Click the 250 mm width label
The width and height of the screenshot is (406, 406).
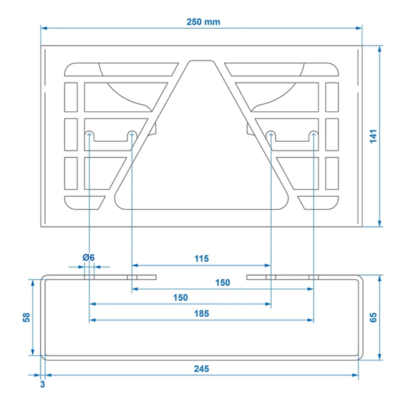(x=203, y=22)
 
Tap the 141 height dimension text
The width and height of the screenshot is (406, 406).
(x=373, y=136)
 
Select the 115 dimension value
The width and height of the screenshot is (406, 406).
(x=201, y=259)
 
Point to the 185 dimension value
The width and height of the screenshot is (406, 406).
(x=201, y=314)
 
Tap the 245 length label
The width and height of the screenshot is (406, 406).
(x=201, y=369)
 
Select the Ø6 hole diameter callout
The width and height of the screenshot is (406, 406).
(x=88, y=258)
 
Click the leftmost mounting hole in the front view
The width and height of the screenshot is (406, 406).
(x=90, y=134)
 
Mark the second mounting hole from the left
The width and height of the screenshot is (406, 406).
(x=132, y=134)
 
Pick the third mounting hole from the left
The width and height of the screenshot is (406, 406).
(x=272, y=134)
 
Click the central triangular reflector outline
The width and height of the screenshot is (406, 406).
(x=201, y=181)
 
